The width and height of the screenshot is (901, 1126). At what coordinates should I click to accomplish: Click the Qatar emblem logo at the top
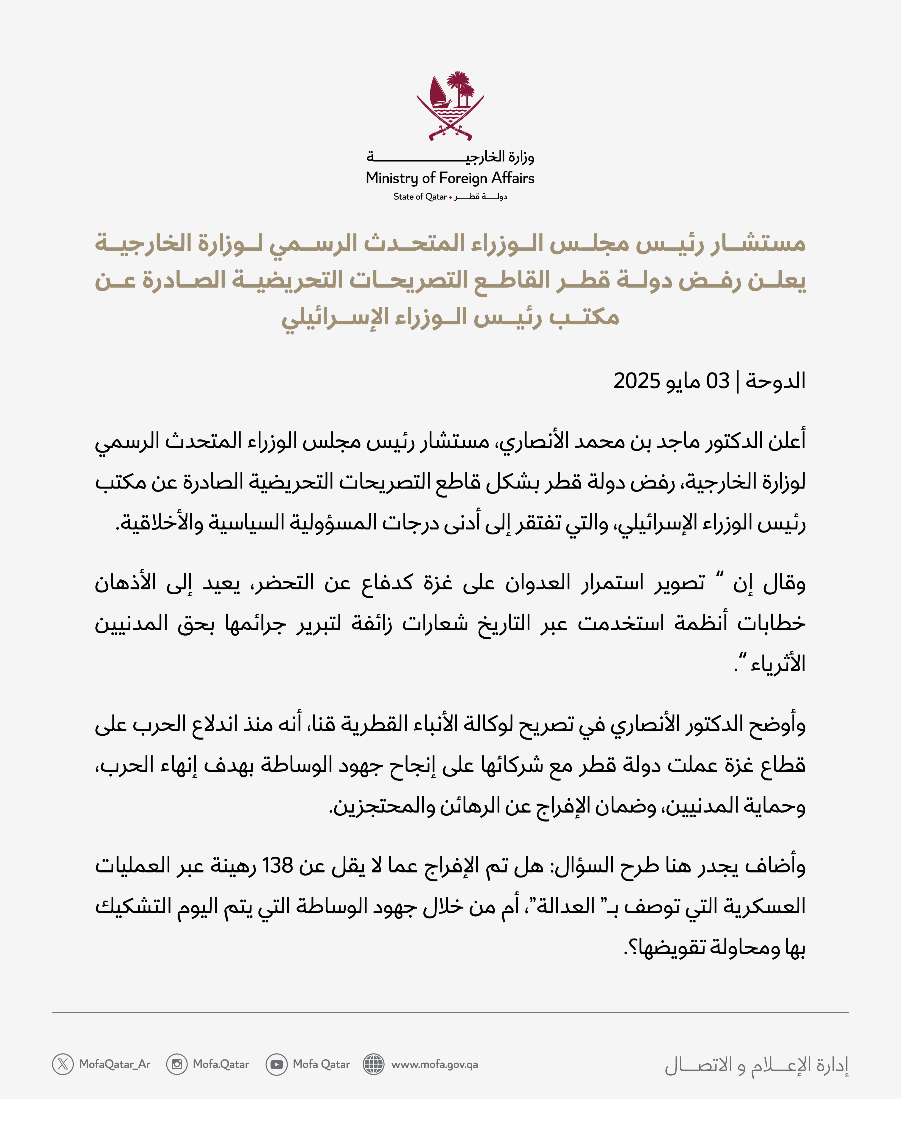[450, 106]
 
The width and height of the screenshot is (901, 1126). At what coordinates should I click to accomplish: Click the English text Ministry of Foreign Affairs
[450, 178]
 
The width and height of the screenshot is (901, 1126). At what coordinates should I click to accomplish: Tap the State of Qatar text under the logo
[420, 197]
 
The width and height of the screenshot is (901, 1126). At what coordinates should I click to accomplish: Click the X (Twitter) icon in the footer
[63, 1064]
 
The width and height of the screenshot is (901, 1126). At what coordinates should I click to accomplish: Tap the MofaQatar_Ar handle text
[115, 1064]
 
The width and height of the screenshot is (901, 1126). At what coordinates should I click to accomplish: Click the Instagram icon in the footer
[177, 1064]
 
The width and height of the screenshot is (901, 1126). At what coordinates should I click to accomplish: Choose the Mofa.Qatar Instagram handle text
[221, 1064]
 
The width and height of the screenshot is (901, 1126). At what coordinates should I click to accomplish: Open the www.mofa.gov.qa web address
[435, 1064]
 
